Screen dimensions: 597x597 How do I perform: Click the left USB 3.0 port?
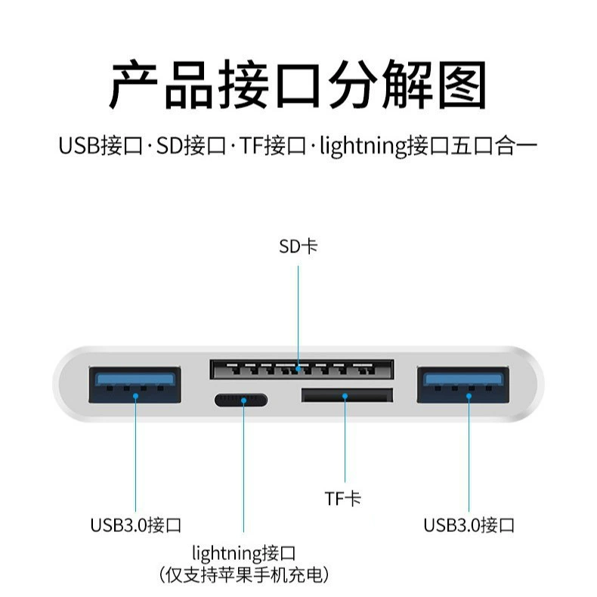pyautogui.click(x=135, y=385)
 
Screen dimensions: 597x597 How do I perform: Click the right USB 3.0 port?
pyautogui.click(x=463, y=385)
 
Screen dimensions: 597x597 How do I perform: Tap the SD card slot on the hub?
pyautogui.click(x=302, y=369)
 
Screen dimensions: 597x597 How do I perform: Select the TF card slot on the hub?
pyautogui.click(x=347, y=395)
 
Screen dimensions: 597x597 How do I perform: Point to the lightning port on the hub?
pyautogui.click(x=241, y=401)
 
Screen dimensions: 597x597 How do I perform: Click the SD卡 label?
pyautogui.click(x=298, y=246)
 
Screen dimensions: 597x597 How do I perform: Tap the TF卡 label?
pyautogui.click(x=342, y=499)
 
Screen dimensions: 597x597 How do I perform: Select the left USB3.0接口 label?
pyautogui.click(x=135, y=525)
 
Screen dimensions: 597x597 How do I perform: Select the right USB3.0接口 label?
pyautogui.click(x=469, y=525)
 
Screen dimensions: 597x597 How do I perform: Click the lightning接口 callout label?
pyautogui.click(x=243, y=554)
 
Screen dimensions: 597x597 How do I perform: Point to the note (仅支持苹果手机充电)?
pyautogui.click(x=243, y=575)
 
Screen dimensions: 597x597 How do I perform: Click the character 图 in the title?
pyautogui.click(x=462, y=85)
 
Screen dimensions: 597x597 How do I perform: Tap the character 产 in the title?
pyautogui.click(x=133, y=85)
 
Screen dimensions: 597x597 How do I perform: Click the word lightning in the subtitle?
pyautogui.click(x=363, y=147)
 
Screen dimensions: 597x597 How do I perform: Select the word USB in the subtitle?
pyautogui.click(x=79, y=146)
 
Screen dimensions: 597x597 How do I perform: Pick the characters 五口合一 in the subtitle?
pyautogui.click(x=494, y=146)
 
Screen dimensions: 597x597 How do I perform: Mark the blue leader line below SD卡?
pyautogui.click(x=298, y=317)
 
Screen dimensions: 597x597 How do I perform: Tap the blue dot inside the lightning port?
pyautogui.click(x=243, y=401)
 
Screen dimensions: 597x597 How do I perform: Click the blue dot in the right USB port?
pyautogui.click(x=469, y=396)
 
